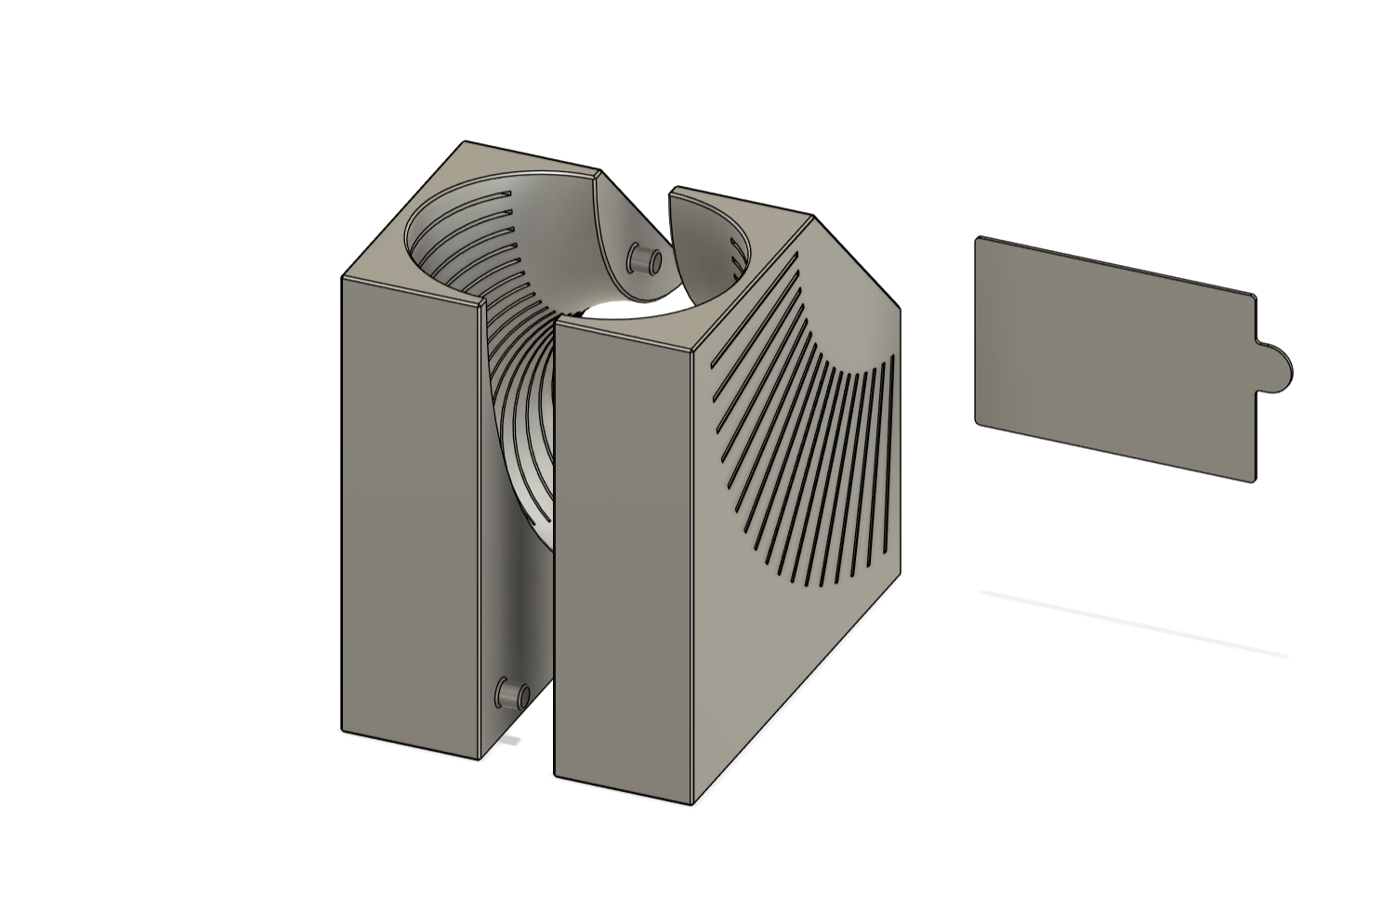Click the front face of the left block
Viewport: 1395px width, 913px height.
tap(409, 511)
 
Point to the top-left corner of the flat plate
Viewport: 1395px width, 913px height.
tap(979, 239)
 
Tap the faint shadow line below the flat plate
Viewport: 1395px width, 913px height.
tap(1134, 623)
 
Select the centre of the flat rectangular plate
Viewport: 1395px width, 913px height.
tap(1115, 360)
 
